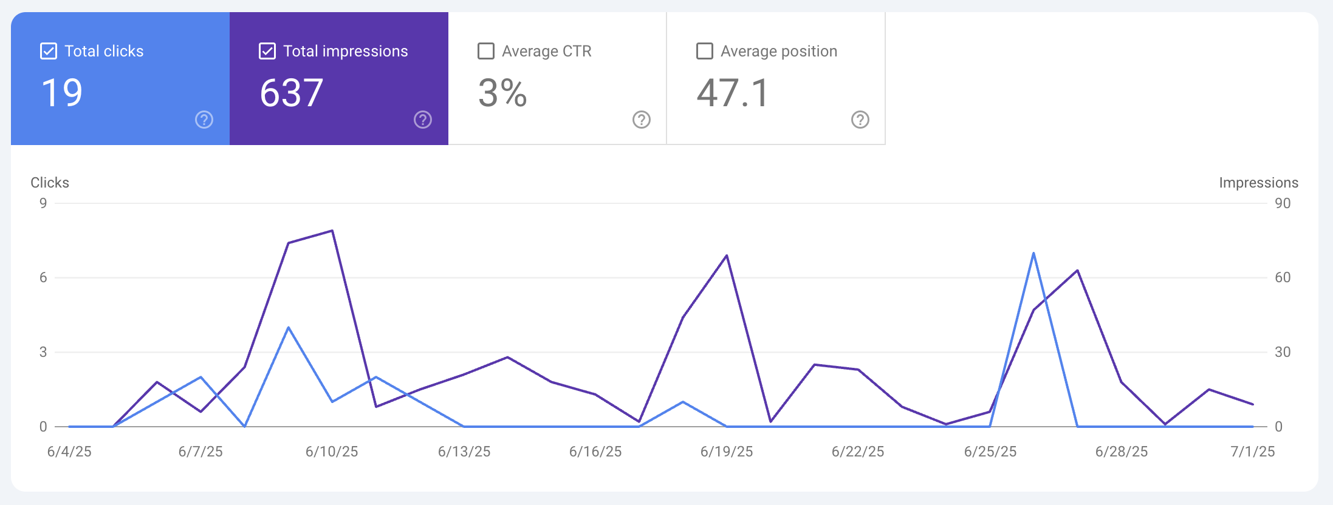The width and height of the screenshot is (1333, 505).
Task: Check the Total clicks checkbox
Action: pyautogui.click(x=49, y=51)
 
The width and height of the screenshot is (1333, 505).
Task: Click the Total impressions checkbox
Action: pyautogui.click(x=267, y=51)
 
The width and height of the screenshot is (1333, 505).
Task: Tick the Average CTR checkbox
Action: pyautogui.click(x=486, y=51)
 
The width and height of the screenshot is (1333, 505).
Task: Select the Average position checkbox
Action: pyautogui.click(x=705, y=51)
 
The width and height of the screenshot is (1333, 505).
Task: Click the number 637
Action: pyautogui.click(x=292, y=93)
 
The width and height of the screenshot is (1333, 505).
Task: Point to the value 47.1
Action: pyautogui.click(x=733, y=93)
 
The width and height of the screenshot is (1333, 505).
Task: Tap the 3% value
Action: pyautogui.click(x=502, y=93)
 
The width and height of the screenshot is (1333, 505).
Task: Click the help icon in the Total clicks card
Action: pyautogui.click(x=204, y=120)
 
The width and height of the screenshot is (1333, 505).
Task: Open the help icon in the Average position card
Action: pyautogui.click(x=860, y=120)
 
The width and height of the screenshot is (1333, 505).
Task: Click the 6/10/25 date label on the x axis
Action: pyautogui.click(x=332, y=452)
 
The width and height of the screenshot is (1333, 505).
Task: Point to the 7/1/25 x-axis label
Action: pyautogui.click(x=1253, y=452)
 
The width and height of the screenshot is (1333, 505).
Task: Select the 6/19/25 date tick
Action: pyautogui.click(x=727, y=452)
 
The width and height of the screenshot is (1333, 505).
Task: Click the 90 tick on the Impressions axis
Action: pyautogui.click(x=1283, y=203)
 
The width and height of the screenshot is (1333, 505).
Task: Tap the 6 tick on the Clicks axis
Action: pyautogui.click(x=43, y=277)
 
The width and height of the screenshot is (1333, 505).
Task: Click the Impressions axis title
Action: pyautogui.click(x=1258, y=183)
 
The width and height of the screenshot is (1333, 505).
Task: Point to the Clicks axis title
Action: pyautogui.click(x=50, y=183)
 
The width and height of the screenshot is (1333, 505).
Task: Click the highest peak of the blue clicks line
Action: pyautogui.click(x=1033, y=254)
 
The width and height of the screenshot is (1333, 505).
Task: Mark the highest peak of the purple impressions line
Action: pyautogui.click(x=332, y=231)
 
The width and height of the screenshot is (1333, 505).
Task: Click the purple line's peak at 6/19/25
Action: pyautogui.click(x=727, y=256)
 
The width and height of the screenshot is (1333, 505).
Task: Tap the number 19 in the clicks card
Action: pyautogui.click(x=62, y=93)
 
